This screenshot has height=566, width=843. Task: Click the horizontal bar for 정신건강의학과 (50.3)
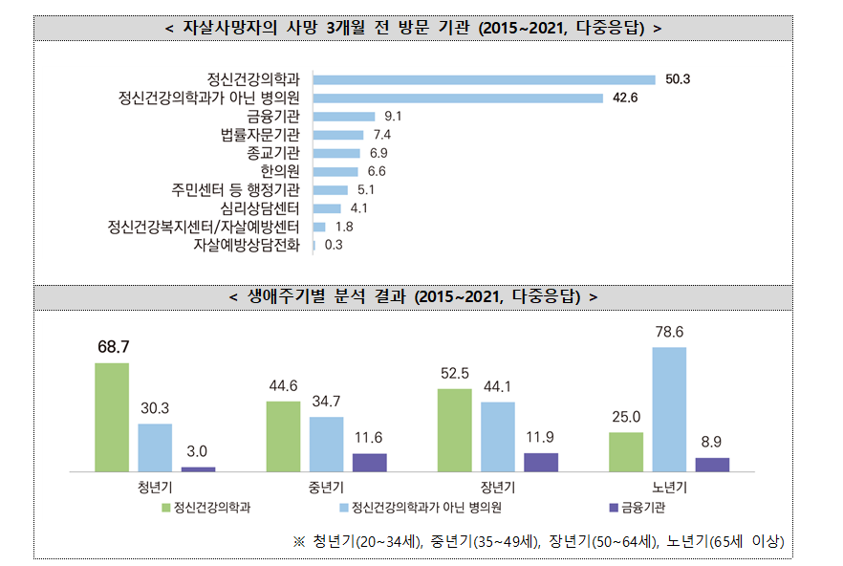484,79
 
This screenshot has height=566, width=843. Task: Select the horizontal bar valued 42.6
458,98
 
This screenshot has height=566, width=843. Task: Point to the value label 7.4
382,135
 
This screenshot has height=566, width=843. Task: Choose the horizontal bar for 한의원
335,171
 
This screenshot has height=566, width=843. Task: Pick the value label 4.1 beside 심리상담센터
359,208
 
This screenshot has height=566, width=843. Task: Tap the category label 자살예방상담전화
247,245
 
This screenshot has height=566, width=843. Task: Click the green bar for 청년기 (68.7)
112,417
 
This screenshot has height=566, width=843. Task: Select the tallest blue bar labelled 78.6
669,409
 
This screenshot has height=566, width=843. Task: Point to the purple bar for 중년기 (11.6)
370,463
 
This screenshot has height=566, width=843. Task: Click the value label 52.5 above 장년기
454,373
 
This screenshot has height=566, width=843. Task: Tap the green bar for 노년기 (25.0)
626,451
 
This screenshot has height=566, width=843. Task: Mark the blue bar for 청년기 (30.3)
155,447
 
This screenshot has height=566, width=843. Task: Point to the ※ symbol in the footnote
298,541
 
